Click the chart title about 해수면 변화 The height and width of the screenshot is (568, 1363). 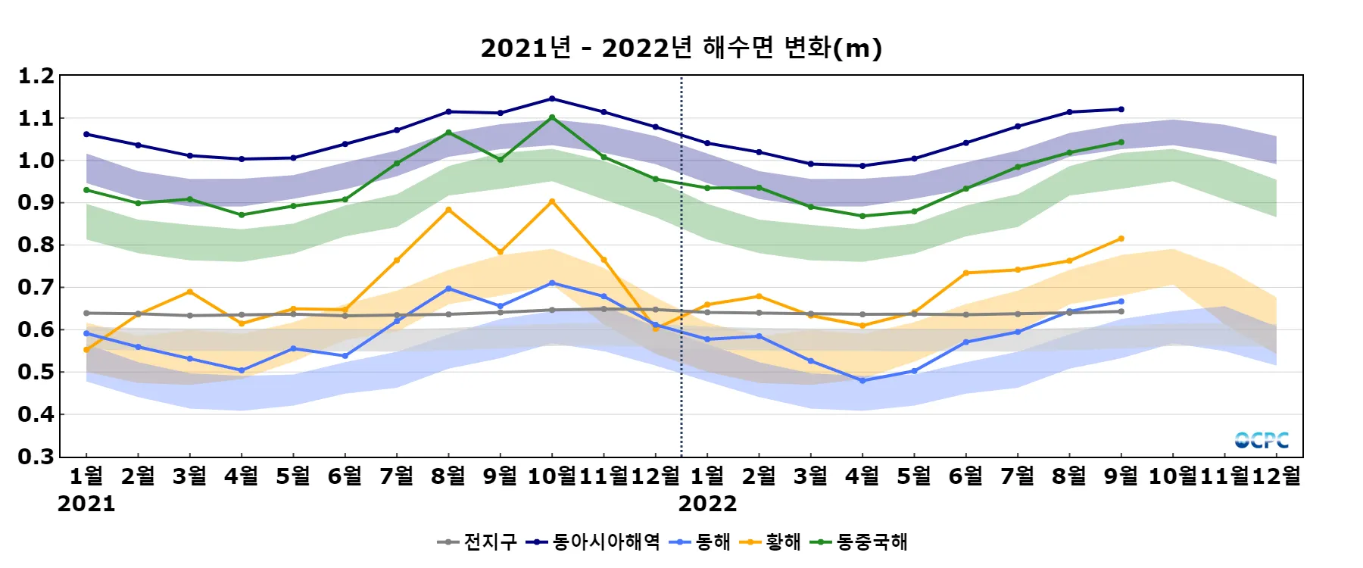[681, 48]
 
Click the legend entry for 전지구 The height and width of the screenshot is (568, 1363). [479, 542]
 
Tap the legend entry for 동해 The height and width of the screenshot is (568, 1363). [701, 542]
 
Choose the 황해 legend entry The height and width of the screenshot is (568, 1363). [772, 542]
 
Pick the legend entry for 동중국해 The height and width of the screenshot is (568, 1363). [859, 542]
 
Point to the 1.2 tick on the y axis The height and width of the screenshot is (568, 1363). [36, 76]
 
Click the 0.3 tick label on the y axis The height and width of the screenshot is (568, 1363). [36, 457]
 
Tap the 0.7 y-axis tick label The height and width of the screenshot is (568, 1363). [36, 287]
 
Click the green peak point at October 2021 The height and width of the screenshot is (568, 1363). [552, 117]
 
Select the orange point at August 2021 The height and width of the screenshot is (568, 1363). [448, 210]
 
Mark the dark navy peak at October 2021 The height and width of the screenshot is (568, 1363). [552, 98]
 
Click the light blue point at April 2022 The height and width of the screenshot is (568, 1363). [862, 381]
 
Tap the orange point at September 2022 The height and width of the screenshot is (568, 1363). [1121, 239]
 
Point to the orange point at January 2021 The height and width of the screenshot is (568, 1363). [86, 350]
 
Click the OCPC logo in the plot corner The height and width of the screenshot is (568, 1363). [1262, 440]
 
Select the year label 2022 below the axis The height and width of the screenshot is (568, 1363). [707, 504]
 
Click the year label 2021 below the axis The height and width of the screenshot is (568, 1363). [86, 504]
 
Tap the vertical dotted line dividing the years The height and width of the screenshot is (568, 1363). [681, 265]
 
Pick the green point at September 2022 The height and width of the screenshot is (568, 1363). [1121, 142]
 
